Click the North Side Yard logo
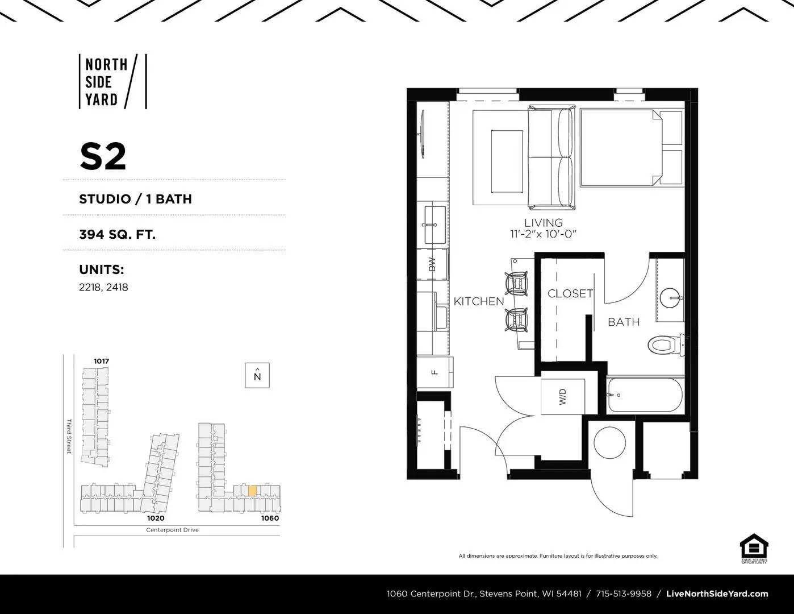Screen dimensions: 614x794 pos(112,81)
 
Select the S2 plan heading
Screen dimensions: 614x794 pos(103,156)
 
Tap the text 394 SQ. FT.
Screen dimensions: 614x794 pos(117,234)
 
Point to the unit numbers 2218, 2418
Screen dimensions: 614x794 pos(103,287)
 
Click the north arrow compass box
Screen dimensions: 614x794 pos(257,375)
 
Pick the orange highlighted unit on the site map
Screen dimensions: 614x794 pos(252,490)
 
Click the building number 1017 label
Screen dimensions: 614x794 pos(101,361)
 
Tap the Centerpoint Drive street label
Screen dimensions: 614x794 pos(172,530)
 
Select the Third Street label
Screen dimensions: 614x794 pos(69,436)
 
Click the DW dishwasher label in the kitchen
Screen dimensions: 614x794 pos(432,264)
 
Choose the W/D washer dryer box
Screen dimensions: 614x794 pos(563,396)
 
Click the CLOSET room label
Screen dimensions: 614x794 pos(570,293)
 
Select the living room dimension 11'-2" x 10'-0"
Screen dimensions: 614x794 pos(543,234)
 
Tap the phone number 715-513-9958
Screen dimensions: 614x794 pos(623,594)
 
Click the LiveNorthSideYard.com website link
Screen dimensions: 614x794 pos(717,594)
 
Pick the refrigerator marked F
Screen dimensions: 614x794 pos(434,372)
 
